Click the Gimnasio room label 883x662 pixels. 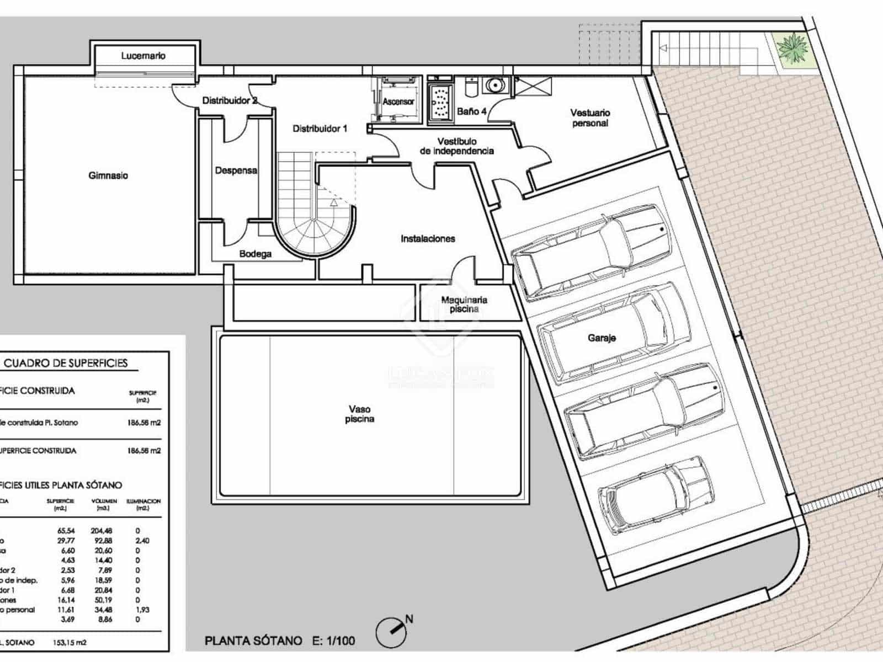point(108,175)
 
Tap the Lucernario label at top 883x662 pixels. point(143,56)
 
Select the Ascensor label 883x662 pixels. point(398,102)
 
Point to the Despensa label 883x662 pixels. point(236,170)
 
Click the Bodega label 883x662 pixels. point(255,254)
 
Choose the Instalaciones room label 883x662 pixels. point(428,239)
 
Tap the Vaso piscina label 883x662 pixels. point(359,414)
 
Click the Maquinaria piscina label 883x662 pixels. point(464,305)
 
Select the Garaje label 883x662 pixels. point(602,338)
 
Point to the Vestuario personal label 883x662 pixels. point(590,118)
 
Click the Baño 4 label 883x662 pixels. point(471,111)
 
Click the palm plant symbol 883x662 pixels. point(791,49)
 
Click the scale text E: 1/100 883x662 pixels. point(333,640)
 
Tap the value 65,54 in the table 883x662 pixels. point(66,531)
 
